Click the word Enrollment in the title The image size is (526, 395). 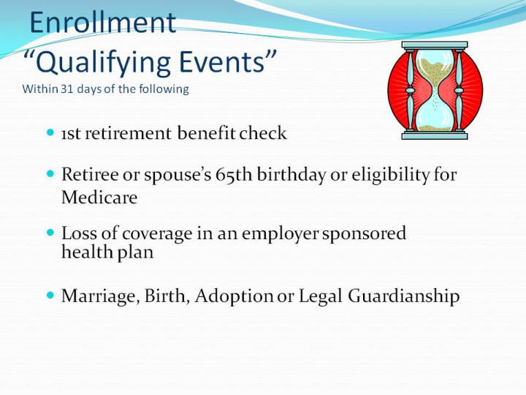tap(103, 22)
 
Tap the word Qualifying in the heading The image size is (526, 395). tap(103, 62)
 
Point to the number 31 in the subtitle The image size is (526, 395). tap(67, 89)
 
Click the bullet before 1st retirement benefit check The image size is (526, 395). tap(50, 132)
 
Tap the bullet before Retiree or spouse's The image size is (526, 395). tap(50, 173)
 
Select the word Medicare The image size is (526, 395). tap(99, 197)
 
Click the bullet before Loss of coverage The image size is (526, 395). tap(50, 233)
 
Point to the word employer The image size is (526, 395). tap(280, 234)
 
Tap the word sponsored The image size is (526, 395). tap(364, 234)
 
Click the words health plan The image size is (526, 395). tap(107, 252)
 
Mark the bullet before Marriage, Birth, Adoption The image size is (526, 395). tap(50, 296)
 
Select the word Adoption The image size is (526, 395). tap(235, 296)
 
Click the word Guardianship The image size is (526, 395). tap(403, 296)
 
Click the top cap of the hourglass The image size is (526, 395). tap(435, 45)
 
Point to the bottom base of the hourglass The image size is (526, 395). tap(435, 135)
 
